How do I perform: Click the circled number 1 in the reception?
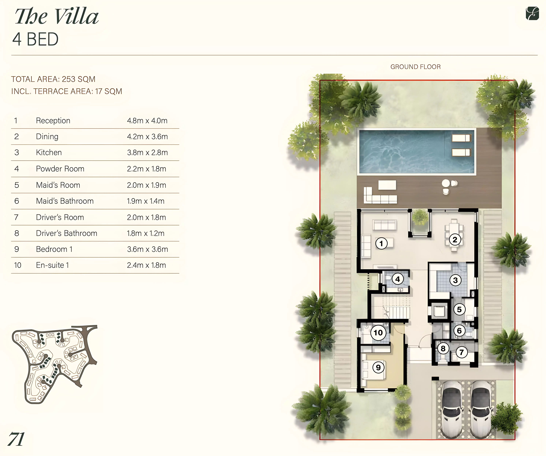click(381, 243)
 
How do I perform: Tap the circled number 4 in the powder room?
click(398, 279)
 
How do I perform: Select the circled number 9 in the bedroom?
click(378, 367)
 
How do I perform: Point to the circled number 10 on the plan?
click(378, 333)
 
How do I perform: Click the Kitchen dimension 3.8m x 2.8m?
click(147, 153)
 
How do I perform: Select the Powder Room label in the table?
click(60, 169)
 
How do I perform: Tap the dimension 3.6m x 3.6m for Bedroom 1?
click(147, 249)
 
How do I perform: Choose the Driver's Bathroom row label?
click(67, 233)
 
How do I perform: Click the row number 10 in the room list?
click(18, 265)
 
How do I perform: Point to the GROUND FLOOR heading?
click(415, 67)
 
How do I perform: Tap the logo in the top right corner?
click(532, 13)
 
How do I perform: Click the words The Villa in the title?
click(57, 16)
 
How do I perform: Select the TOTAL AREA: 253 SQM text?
click(53, 79)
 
